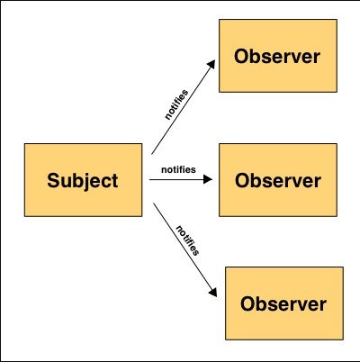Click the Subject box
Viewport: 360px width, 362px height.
[83, 180]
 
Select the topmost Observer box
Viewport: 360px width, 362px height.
[278, 56]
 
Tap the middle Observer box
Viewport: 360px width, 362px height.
[278, 180]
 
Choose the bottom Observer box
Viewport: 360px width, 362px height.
[284, 303]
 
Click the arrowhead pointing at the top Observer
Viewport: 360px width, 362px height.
[211, 64]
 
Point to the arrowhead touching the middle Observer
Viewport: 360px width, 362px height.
[208, 179]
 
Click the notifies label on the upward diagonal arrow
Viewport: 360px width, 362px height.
[176, 104]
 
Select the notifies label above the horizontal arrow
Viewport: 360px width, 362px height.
[178, 169]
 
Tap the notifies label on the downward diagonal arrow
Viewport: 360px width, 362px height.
[187, 240]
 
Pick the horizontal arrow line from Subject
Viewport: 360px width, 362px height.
[181, 179]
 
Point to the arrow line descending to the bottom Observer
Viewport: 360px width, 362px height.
[184, 250]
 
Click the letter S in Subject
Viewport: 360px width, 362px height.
[53, 180]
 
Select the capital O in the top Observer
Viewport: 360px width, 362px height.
[241, 56]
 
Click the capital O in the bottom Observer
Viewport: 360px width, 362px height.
[247, 303]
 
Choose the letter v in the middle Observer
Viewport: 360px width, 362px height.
[296, 182]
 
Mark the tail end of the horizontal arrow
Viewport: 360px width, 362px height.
[149, 179]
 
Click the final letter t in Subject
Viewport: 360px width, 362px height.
[114, 181]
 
